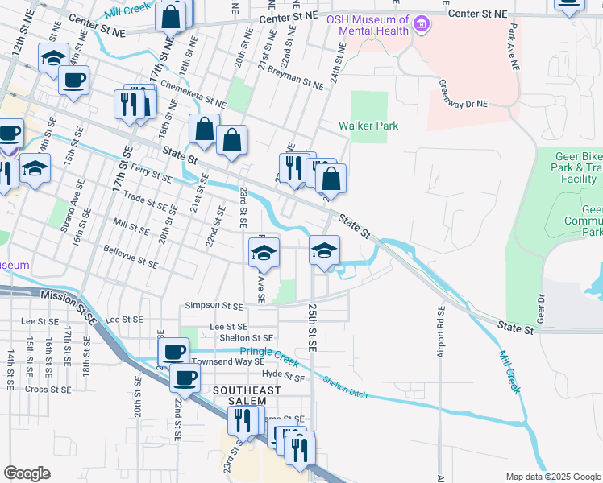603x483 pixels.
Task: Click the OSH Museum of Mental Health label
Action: (x=367, y=25)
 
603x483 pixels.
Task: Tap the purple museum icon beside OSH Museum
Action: (x=420, y=26)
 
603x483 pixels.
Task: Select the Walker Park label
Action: (x=368, y=126)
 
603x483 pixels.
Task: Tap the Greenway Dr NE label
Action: (x=464, y=94)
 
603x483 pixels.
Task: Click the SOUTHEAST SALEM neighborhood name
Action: (x=247, y=396)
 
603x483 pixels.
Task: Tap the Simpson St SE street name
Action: (x=214, y=306)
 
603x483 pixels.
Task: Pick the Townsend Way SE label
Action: (x=229, y=362)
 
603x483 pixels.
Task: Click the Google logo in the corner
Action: (x=27, y=473)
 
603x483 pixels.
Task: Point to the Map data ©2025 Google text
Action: (x=552, y=477)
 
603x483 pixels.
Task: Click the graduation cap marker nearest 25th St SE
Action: (x=324, y=251)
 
